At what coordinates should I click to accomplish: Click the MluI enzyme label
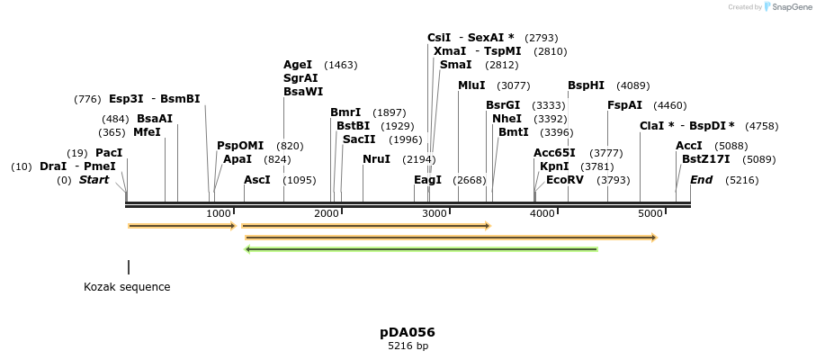pyautogui.click(x=471, y=85)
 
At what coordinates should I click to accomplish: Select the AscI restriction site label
pyautogui.click(x=257, y=180)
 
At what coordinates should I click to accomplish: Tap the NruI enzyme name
pyautogui.click(x=376, y=159)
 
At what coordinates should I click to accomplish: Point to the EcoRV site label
pyautogui.click(x=565, y=180)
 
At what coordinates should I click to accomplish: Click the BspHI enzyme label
pyautogui.click(x=586, y=85)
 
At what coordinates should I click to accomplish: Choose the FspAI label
pyautogui.click(x=624, y=105)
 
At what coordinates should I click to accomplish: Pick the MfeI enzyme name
pyautogui.click(x=148, y=132)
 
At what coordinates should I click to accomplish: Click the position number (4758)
pyautogui.click(x=762, y=126)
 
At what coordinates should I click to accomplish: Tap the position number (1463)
pyautogui.click(x=341, y=65)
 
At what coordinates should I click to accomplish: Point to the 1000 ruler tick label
pyautogui.click(x=220, y=213)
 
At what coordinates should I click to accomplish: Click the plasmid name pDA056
pyautogui.click(x=408, y=332)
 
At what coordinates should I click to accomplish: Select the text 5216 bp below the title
pyautogui.click(x=408, y=346)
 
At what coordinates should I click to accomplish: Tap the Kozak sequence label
pyautogui.click(x=127, y=286)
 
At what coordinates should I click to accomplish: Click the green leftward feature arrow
pyautogui.click(x=421, y=249)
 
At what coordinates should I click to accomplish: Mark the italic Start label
pyautogui.click(x=94, y=180)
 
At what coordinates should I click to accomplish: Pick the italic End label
pyautogui.click(x=701, y=180)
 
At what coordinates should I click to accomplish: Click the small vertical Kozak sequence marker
pyautogui.click(x=129, y=267)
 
